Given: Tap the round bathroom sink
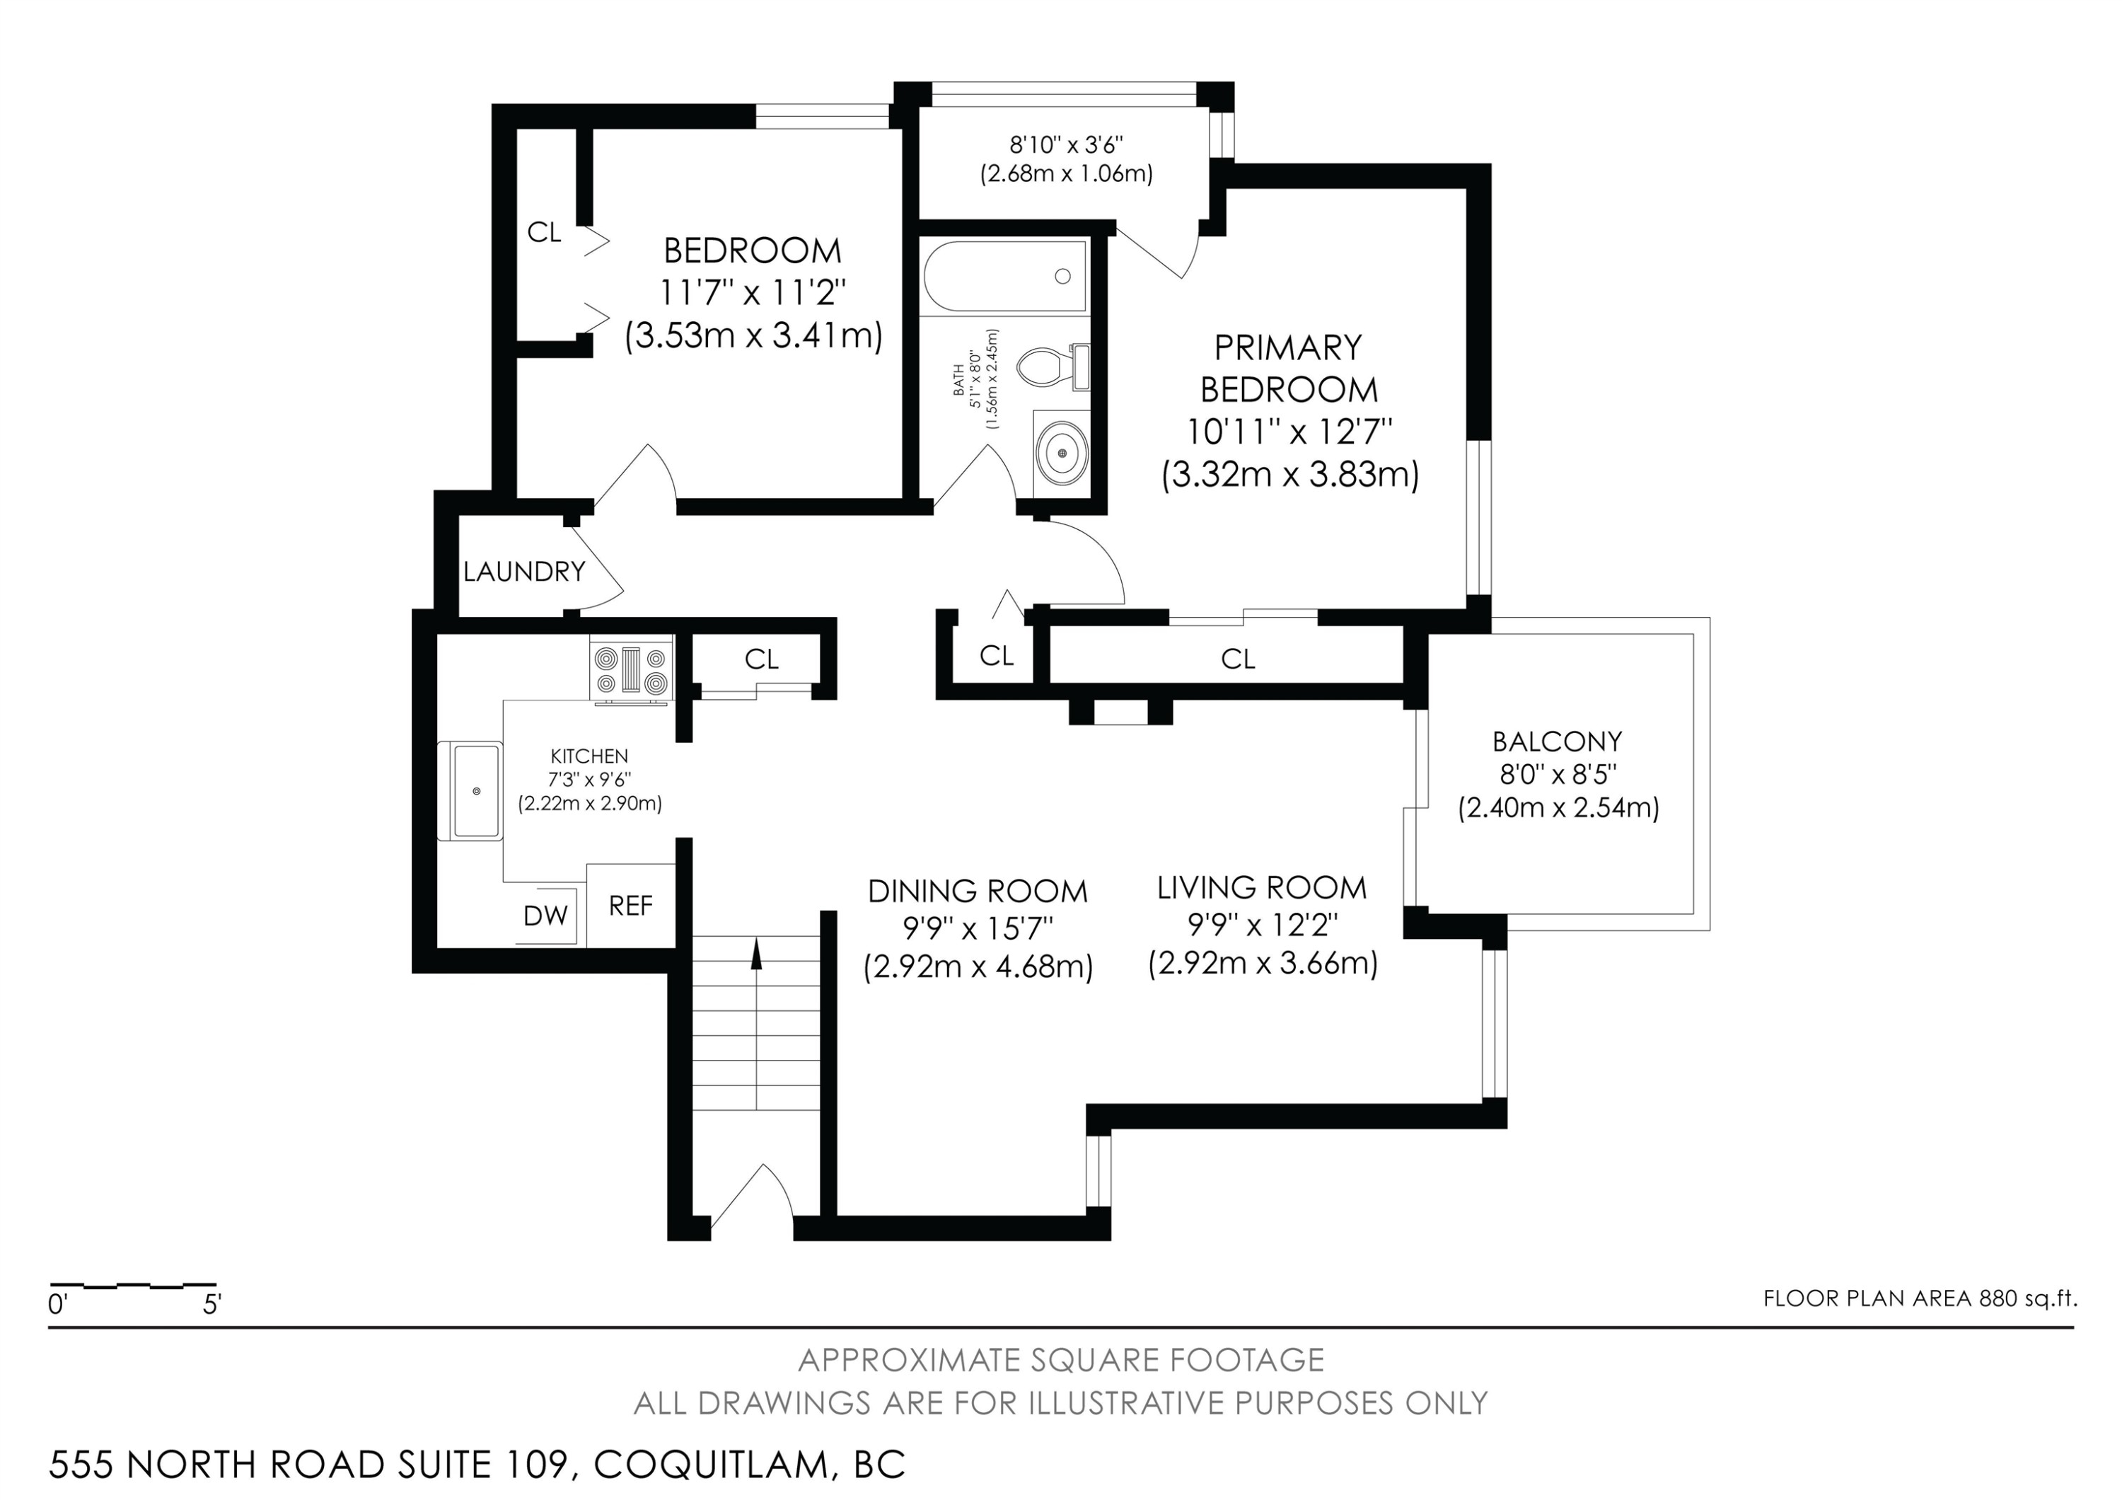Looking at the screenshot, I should (x=1062, y=453).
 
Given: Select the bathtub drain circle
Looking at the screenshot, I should (x=1062, y=275).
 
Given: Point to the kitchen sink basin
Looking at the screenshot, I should (x=477, y=791).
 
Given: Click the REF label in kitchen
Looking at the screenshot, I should (x=630, y=906).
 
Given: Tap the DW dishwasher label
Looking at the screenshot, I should (x=545, y=916).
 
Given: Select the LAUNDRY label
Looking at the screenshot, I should (x=524, y=572).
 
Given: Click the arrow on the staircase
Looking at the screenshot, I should (x=756, y=954).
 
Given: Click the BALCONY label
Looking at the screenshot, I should (x=1558, y=742).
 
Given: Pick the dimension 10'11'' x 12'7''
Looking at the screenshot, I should (x=1289, y=432).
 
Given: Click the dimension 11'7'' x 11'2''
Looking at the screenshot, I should (x=753, y=293).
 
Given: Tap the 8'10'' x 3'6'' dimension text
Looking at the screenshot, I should (x=1066, y=144).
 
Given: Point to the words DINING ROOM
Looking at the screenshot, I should (x=977, y=891).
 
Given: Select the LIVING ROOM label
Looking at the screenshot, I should (x=1262, y=888).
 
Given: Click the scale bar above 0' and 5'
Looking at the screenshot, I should (x=133, y=1286).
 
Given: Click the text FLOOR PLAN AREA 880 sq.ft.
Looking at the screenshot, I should (x=1920, y=1298).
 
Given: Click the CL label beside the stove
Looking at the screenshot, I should (x=762, y=659).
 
